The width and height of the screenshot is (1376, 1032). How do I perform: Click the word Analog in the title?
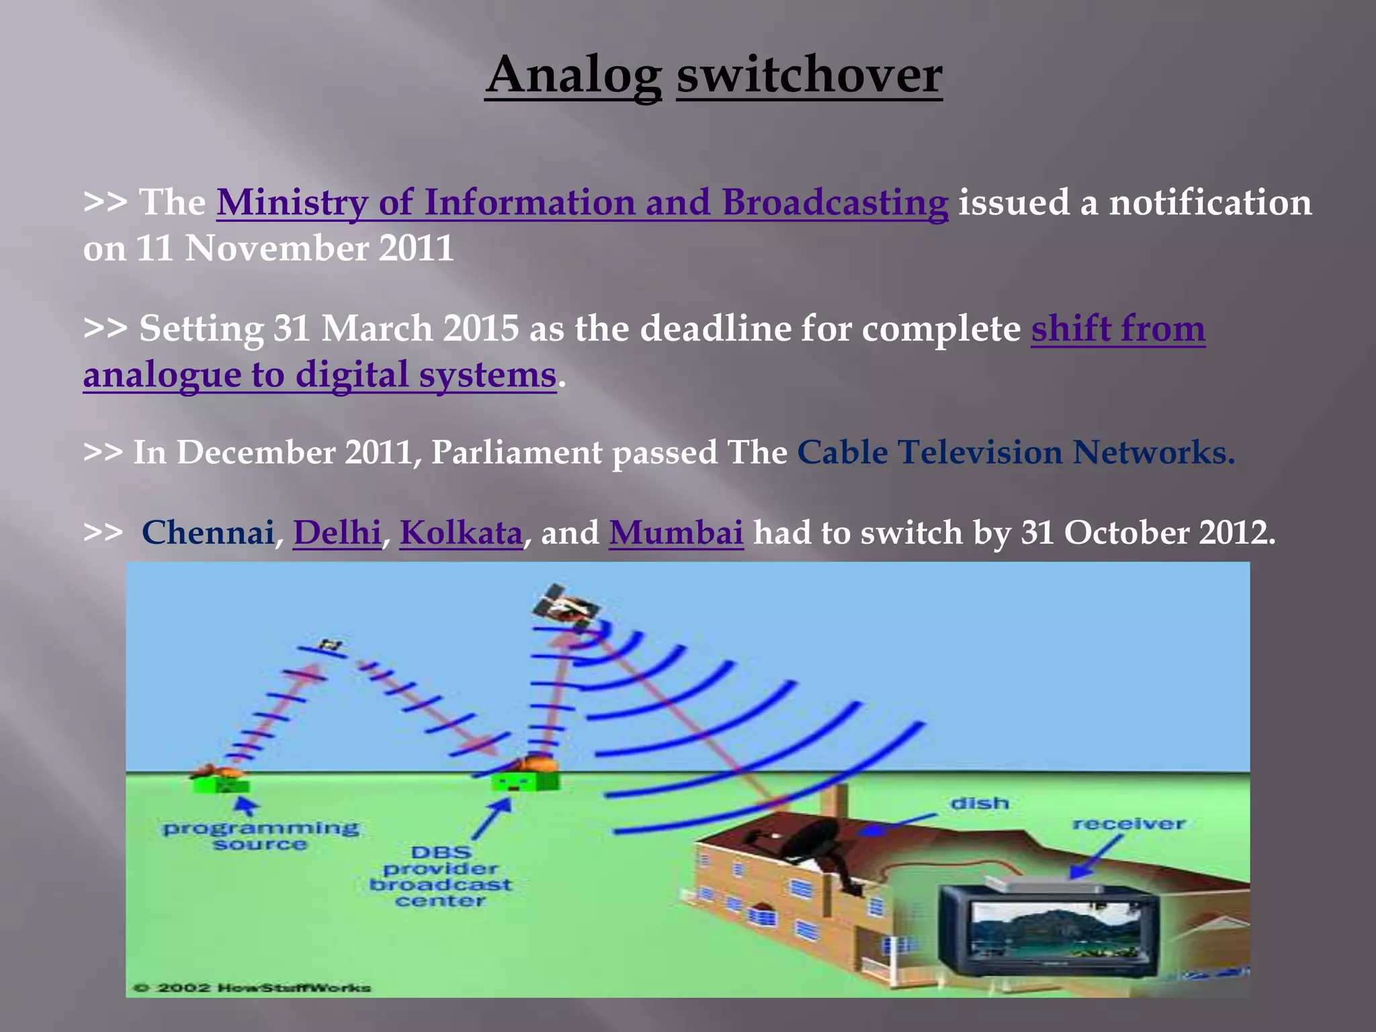574,75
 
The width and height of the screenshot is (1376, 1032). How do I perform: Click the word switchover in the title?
809,75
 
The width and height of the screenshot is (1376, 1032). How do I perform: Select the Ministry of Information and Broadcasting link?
582,202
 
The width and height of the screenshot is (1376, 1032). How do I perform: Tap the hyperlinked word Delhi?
337,533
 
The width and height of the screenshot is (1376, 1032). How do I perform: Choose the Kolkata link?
461,533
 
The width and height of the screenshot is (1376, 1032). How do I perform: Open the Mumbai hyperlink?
676,533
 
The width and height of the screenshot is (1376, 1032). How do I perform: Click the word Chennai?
208,533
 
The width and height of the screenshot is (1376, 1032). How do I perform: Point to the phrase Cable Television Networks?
1015,452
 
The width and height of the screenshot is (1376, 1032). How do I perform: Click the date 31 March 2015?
396,329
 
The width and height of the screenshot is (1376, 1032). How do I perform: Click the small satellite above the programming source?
331,646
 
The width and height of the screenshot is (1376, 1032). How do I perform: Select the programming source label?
261,836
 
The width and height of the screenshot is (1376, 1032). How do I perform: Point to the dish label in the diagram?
980,803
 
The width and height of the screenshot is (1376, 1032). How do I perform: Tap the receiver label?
1129,824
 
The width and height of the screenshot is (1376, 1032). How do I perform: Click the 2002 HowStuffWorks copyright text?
252,988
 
